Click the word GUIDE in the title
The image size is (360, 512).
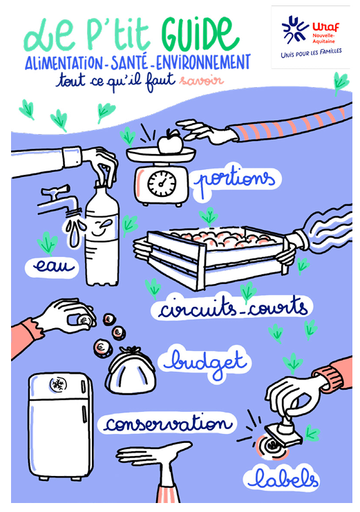point(200,35)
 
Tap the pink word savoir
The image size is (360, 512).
point(201,80)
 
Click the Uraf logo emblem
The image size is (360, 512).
point(295,30)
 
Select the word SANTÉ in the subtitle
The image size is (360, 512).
point(129,62)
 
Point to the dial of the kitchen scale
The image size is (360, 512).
point(162,184)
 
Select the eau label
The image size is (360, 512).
point(53,267)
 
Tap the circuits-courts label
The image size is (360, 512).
point(233,307)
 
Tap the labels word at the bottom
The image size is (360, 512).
point(282,479)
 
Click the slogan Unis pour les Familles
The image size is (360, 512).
point(311,53)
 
